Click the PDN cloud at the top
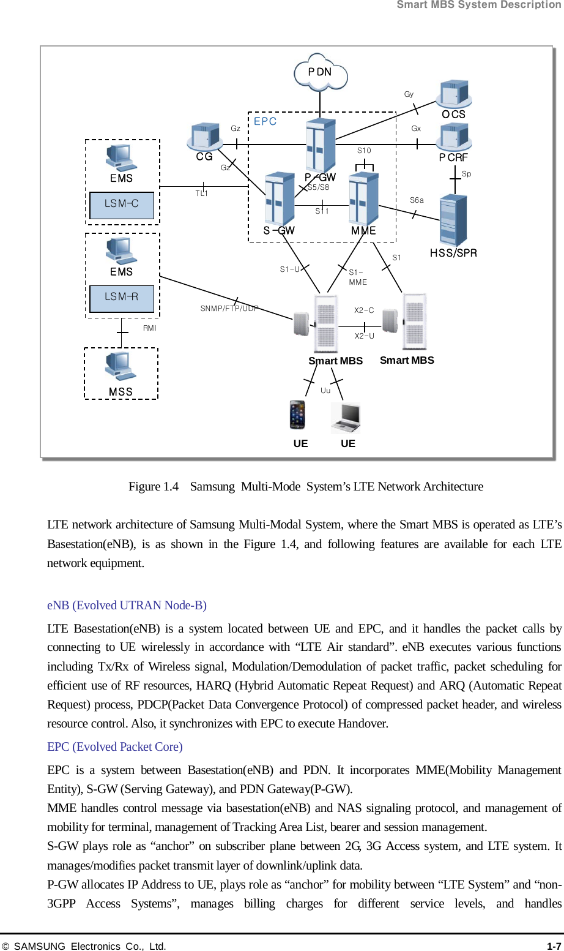(321, 73)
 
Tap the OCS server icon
(453, 94)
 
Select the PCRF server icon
(453, 137)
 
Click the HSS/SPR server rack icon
(453, 219)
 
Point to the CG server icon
(205, 137)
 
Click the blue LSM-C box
(122, 205)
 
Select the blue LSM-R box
(122, 298)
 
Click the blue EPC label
(265, 121)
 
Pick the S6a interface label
(417, 200)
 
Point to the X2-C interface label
(364, 310)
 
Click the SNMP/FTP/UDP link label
(229, 309)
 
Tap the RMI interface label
(150, 328)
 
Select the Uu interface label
(325, 391)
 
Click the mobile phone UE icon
(297, 415)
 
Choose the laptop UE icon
(346, 418)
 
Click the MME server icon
(363, 199)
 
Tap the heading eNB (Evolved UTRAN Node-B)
(127, 605)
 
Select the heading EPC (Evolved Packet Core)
(115, 746)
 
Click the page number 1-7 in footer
(554, 946)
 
